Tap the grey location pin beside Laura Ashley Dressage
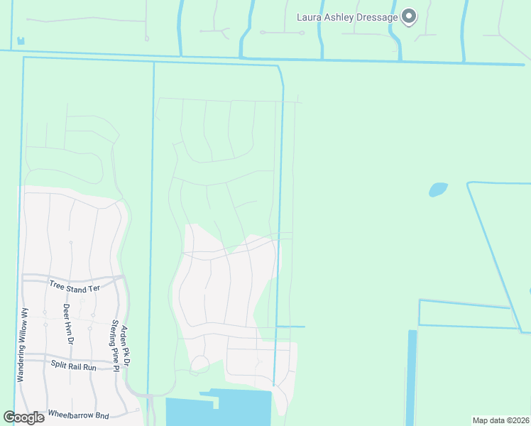coord(409,16)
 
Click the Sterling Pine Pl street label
coord(114,340)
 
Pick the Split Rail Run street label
coord(73,366)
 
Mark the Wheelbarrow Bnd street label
coord(78,413)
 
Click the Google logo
coord(23,417)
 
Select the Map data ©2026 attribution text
coord(500,420)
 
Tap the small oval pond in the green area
coord(438,190)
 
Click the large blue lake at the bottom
coord(213,410)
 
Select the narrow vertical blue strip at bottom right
coord(412,376)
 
